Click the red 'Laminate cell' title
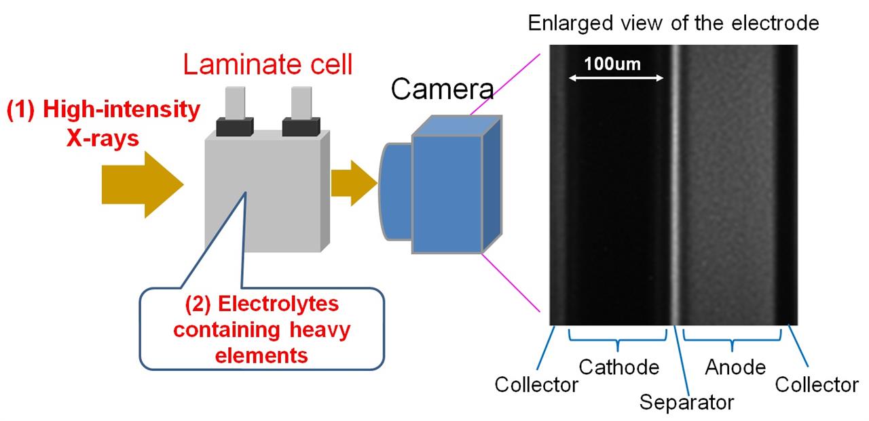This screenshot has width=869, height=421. [x=268, y=65]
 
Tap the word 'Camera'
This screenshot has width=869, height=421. [x=443, y=89]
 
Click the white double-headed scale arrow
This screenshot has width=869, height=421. [x=616, y=78]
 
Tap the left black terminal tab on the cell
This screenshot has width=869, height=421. [x=235, y=126]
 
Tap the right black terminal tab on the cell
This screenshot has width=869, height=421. [x=301, y=126]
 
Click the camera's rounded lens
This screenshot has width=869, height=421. [x=396, y=191]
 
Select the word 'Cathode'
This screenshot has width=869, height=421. [x=618, y=367]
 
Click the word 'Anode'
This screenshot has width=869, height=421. [x=735, y=367]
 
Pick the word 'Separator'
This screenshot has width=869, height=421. [x=686, y=402]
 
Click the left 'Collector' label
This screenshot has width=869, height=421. [x=536, y=384]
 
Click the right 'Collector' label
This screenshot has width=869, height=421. [x=817, y=384]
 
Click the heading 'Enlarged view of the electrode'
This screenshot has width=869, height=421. [x=673, y=24]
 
